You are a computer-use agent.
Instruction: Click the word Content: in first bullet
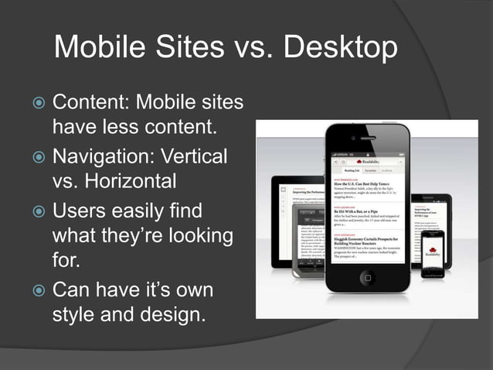pos(90,102)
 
